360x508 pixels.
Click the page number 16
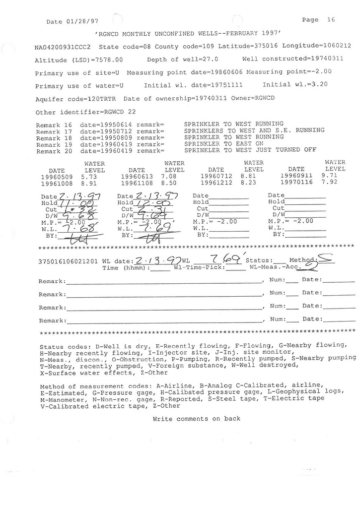click(x=331, y=20)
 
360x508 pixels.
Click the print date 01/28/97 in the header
click(x=79, y=22)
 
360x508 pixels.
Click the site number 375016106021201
click(x=69, y=261)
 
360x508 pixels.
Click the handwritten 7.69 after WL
click(x=225, y=258)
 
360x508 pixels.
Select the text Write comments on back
click(x=197, y=419)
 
